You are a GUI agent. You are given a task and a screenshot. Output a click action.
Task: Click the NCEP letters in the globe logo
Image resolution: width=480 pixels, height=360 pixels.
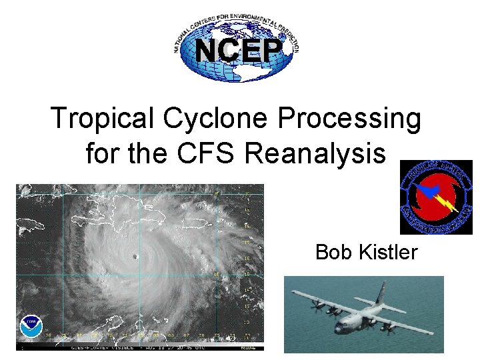coord(237,49)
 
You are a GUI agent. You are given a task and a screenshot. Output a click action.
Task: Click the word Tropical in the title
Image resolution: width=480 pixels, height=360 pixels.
coord(102,119)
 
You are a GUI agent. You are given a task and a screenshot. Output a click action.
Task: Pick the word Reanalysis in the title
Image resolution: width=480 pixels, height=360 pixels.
coord(315,153)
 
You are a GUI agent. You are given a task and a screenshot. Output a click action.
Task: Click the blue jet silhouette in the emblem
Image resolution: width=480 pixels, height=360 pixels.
coord(423,193)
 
